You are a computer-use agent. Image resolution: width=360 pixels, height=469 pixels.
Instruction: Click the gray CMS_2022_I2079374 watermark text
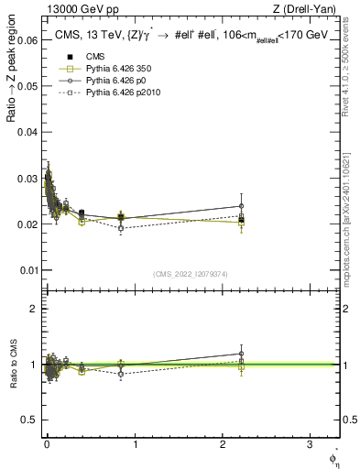pos(191,274)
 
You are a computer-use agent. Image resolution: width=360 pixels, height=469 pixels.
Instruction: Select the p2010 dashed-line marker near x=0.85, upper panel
pos(121,228)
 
